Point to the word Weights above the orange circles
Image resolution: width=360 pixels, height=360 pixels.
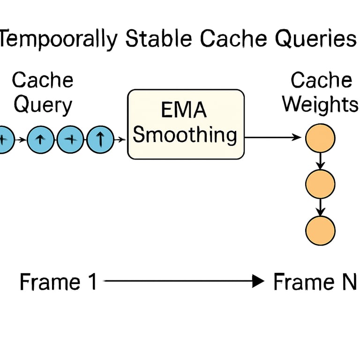click(x=321, y=104)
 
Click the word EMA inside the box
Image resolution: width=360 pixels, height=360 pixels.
click(x=184, y=112)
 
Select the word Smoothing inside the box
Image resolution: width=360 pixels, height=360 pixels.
click(x=185, y=135)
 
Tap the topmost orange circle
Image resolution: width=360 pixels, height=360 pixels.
click(x=320, y=138)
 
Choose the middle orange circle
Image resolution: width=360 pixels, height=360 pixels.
click(x=320, y=183)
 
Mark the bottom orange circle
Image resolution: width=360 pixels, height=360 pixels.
click(x=320, y=230)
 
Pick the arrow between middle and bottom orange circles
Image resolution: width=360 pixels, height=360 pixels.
click(x=320, y=207)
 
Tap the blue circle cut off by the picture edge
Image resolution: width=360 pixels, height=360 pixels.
click(x=4, y=139)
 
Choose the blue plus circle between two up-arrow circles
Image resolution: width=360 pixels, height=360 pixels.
click(x=71, y=139)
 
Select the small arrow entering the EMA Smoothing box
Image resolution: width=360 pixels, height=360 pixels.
click(x=121, y=139)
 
